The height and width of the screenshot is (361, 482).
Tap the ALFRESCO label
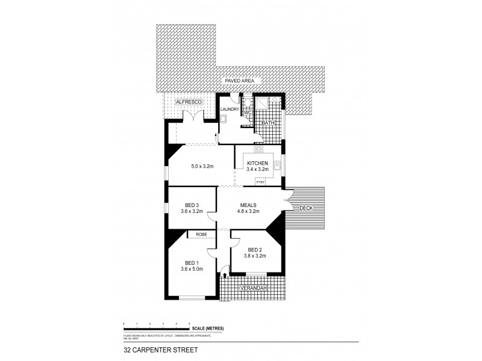[x=187, y=103]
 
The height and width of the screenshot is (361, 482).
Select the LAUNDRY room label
[x=230, y=109]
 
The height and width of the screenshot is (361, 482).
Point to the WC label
[x=247, y=112]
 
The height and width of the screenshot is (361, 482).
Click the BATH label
[x=268, y=123]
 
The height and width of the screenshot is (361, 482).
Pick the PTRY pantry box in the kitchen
[x=261, y=181]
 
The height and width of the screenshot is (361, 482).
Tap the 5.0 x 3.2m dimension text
[x=203, y=165]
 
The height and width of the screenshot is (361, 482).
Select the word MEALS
[x=249, y=205]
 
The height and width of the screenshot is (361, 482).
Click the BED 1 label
[x=192, y=262]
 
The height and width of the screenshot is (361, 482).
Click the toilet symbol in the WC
[x=247, y=104]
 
